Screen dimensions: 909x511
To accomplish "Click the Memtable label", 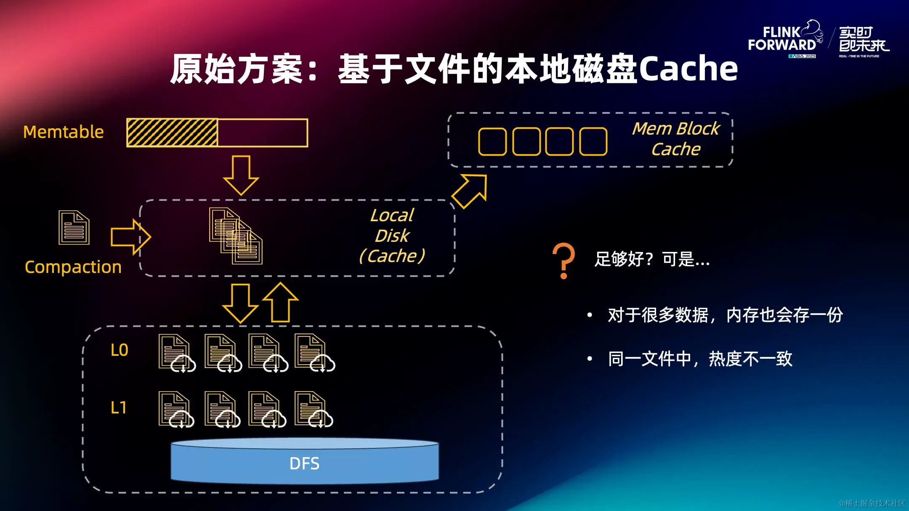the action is click(63, 132).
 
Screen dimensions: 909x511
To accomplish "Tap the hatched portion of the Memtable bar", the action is click(172, 133).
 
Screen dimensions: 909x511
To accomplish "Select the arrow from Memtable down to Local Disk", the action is click(241, 175).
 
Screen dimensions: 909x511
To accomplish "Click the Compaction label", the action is click(73, 267).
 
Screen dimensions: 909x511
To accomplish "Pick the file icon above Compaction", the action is click(74, 228).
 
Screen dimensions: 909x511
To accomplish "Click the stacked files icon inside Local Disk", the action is click(236, 236).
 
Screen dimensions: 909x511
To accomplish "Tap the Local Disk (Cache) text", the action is click(392, 236).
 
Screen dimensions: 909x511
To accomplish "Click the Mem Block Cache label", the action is click(676, 139).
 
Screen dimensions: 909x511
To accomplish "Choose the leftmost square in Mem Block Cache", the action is click(492, 142).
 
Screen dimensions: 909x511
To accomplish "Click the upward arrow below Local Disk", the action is click(280, 302).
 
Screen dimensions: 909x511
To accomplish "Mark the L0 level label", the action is click(119, 350).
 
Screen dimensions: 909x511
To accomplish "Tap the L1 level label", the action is click(118, 408).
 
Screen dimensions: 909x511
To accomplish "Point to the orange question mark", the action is click(563, 261).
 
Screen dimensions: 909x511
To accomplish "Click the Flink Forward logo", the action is click(784, 39).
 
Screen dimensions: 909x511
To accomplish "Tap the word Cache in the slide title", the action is click(688, 69).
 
